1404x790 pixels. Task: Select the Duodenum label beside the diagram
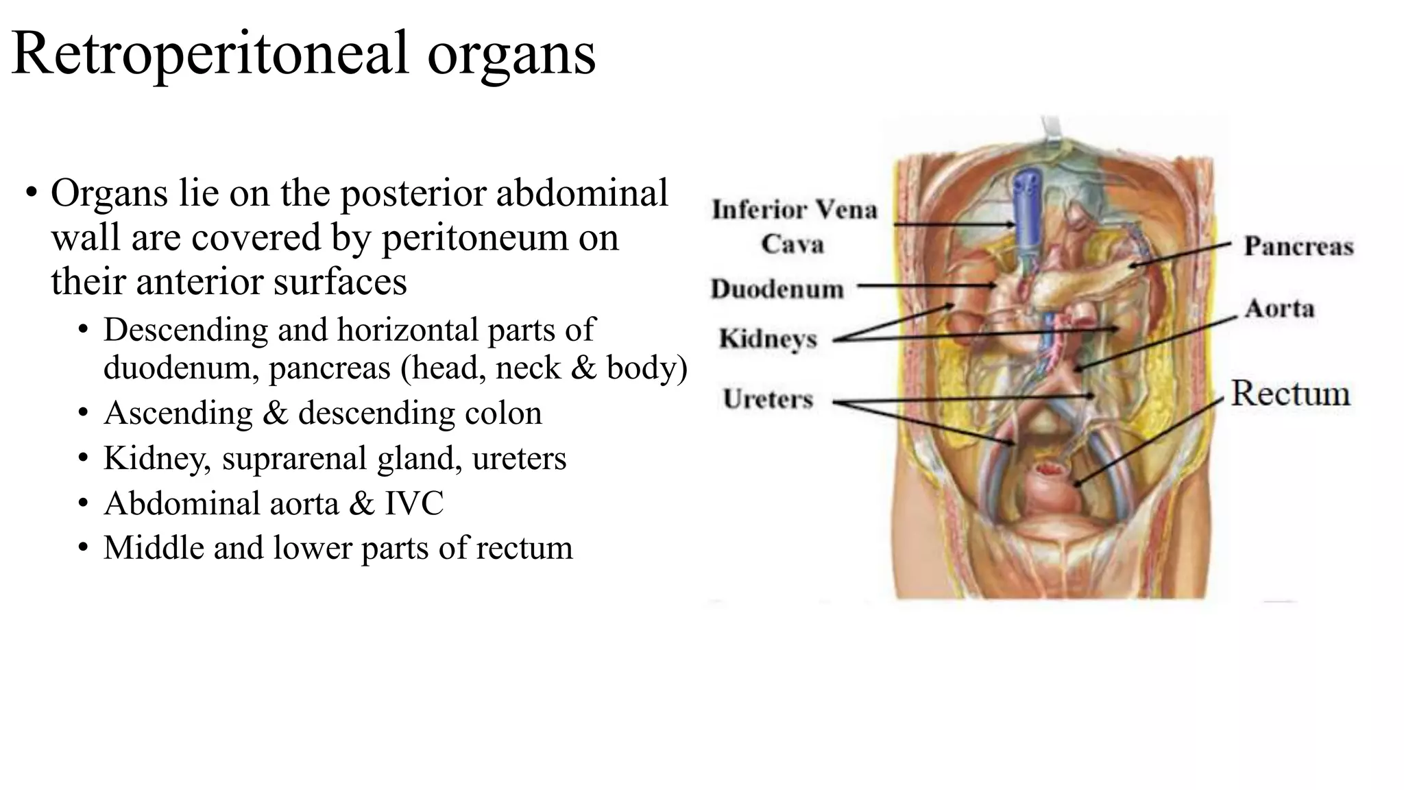(x=777, y=289)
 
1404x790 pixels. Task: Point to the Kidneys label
(x=768, y=339)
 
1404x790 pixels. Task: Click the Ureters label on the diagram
(x=768, y=399)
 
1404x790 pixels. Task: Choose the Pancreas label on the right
(x=1298, y=246)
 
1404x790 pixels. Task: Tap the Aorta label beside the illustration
(x=1279, y=309)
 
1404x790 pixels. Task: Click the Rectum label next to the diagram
(x=1290, y=394)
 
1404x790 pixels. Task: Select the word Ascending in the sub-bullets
(x=178, y=413)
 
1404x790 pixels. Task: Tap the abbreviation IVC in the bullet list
(x=414, y=503)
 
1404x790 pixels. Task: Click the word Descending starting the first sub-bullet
(x=185, y=330)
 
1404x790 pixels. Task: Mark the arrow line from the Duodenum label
(x=925, y=285)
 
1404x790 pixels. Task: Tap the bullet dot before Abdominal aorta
(x=83, y=504)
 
